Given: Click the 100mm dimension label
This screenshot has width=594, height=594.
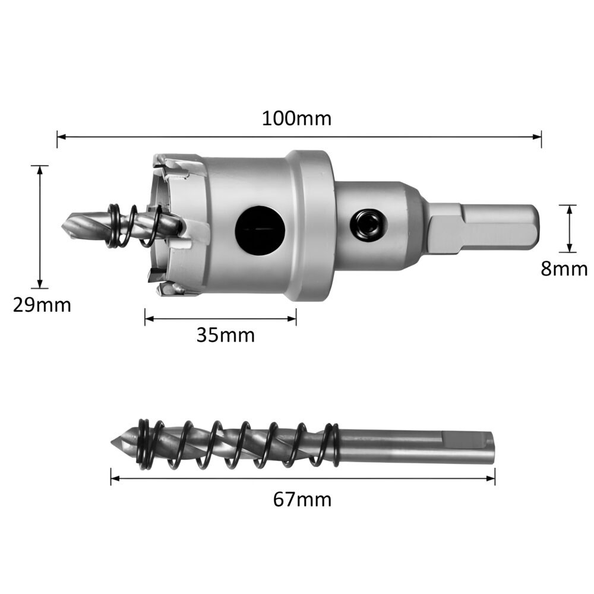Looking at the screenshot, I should point(296,118).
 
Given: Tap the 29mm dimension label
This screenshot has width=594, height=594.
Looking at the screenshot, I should point(42,305).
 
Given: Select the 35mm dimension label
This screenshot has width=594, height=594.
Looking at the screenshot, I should point(226,335).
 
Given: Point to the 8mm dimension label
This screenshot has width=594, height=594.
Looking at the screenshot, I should point(564,268).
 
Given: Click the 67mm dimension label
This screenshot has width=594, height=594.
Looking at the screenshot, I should point(302,500).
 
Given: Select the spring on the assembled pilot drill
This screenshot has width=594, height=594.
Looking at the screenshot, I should point(132,226).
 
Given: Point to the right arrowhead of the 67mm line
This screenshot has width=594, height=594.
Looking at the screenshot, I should point(491,476).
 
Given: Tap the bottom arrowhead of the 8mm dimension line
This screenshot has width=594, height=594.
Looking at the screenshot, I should point(570,249).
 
